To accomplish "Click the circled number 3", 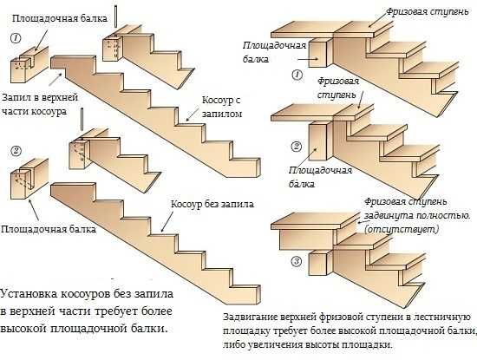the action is coord(297,261).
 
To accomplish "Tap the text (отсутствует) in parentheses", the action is coord(402,229).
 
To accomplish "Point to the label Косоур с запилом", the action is coord(222,107).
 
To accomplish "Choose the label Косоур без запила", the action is coord(212,204).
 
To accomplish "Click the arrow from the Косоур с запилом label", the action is coord(193,115).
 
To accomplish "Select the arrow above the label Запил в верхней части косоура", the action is coord(56,79).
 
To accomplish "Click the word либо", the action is coord(233,345).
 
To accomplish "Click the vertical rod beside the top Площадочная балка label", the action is coord(115,16).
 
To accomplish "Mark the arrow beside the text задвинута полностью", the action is coord(361,221).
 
